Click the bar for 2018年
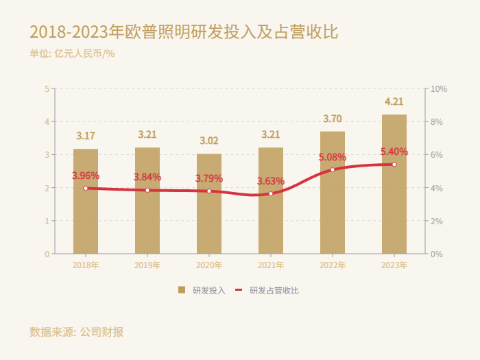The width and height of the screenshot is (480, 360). pos(86,201)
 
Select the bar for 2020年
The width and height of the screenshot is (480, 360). pos(209,204)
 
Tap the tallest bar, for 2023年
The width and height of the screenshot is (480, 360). pos(394,184)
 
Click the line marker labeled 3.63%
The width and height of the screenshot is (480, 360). pos(271,194)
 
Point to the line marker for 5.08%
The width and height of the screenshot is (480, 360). pos(333,170)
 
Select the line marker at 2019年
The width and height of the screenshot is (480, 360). pos(147,190)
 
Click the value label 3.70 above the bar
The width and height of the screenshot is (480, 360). pos(333,119)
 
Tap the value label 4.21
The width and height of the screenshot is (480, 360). pos(394,102)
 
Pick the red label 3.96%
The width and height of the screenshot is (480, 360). pos(86,176)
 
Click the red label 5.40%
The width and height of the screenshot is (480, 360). pos(394,152)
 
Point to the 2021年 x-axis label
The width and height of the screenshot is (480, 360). pos(271,265)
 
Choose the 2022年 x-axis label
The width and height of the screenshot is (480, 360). pos(333,265)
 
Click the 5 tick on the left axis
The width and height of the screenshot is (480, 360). pos(47,89)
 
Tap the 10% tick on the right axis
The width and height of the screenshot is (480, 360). pos(438,89)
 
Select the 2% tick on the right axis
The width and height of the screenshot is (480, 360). pos(436,221)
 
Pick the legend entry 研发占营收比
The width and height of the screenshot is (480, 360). pos(267,290)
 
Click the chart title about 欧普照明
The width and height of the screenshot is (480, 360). pos(184,32)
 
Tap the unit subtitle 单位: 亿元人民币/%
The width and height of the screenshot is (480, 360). pos(72,53)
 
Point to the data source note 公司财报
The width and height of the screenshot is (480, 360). pos(77,332)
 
